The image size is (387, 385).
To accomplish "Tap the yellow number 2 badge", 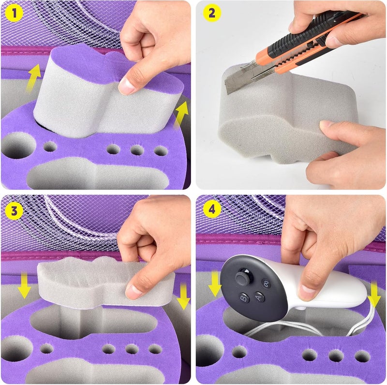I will pyautogui.click(x=211, y=14).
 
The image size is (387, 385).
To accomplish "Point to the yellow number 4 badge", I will pyautogui.click(x=211, y=210).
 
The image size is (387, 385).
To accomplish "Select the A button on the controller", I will pyautogui.click(x=259, y=297).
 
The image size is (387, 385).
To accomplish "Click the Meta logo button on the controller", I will pyautogui.click(x=265, y=283).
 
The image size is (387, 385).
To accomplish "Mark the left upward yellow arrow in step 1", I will pyautogui.click(x=34, y=78).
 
